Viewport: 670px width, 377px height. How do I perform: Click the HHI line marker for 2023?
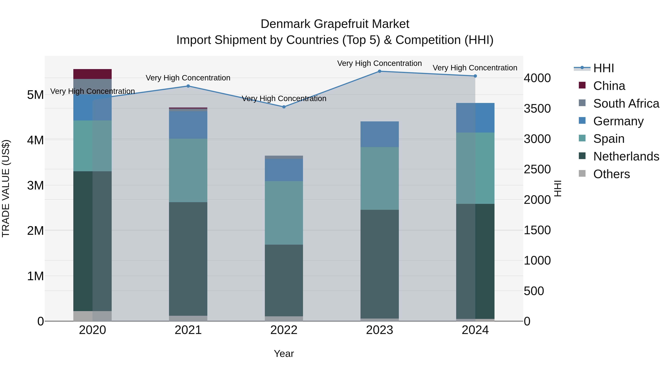click(379, 71)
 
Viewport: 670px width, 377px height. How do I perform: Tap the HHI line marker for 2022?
click(284, 107)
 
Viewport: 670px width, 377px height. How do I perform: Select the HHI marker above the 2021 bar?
click(188, 86)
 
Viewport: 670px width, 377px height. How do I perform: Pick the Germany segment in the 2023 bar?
click(379, 134)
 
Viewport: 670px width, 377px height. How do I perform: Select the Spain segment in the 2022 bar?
click(284, 213)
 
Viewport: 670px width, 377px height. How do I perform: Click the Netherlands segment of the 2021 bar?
click(188, 259)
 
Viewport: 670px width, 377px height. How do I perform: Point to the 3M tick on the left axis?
click(35, 185)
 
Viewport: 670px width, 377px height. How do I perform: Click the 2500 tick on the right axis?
click(537, 169)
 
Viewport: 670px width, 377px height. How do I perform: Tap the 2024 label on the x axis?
click(475, 330)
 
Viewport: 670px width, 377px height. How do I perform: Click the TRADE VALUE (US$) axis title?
click(6, 188)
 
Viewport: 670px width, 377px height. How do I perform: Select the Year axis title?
click(284, 354)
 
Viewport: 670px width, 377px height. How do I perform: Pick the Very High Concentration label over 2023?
click(379, 63)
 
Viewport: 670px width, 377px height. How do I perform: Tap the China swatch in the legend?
click(582, 85)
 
